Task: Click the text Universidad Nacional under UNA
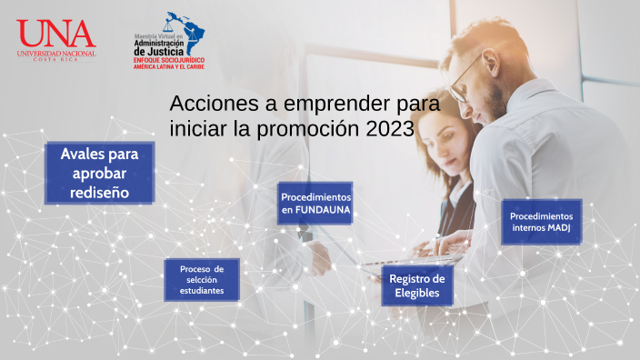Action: click(55, 53)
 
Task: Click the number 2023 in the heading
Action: click(390, 129)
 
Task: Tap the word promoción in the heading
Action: click(309, 129)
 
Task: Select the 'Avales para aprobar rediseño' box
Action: click(99, 173)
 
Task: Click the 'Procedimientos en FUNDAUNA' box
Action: click(315, 204)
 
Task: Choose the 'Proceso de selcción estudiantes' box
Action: click(201, 279)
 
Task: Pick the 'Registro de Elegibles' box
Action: click(416, 286)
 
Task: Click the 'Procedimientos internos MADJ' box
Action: click(541, 222)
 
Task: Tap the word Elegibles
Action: click(416, 294)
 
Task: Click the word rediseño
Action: click(99, 192)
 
